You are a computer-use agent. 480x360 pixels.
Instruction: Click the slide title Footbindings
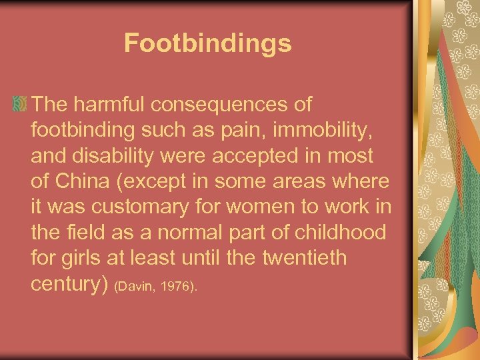click(207, 43)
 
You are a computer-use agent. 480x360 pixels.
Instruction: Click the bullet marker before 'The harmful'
click(19, 104)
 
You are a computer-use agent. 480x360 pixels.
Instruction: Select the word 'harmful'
click(113, 104)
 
